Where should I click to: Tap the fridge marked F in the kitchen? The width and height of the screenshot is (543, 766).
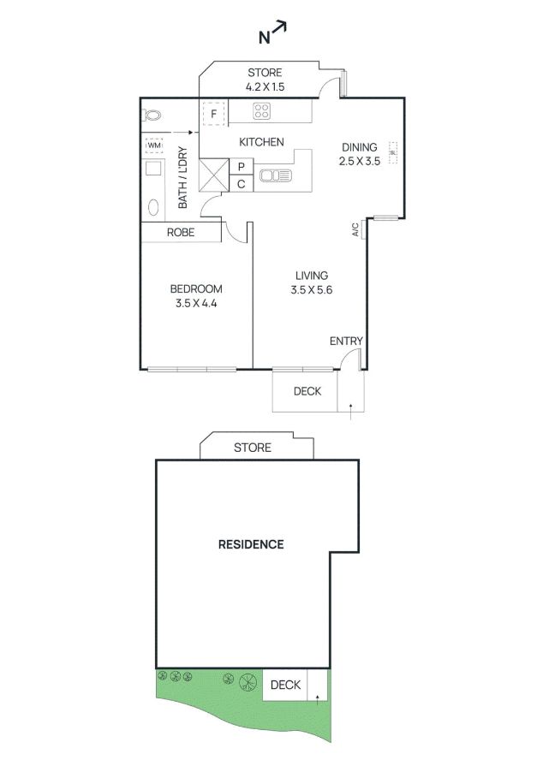click(x=213, y=114)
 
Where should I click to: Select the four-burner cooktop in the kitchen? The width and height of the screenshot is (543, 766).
click(x=261, y=111)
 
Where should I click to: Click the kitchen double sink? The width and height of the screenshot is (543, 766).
click(x=276, y=175)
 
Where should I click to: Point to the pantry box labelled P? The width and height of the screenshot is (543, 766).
click(x=242, y=167)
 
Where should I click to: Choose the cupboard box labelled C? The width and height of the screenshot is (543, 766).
click(x=242, y=184)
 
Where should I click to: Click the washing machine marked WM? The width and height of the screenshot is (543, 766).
click(x=154, y=145)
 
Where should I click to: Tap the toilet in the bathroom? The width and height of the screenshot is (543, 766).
click(x=152, y=116)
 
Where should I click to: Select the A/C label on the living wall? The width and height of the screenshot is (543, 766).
click(x=355, y=229)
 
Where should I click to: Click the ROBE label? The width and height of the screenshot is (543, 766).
click(x=181, y=233)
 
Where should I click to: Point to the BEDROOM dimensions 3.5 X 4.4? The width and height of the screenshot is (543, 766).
click(x=196, y=303)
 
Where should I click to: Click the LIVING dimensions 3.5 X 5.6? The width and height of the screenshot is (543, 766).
click(x=312, y=290)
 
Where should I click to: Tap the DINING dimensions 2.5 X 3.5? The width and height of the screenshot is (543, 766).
click(x=359, y=161)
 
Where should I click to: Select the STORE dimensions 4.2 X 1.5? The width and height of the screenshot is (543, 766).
click(x=265, y=87)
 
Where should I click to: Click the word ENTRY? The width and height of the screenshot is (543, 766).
click(x=346, y=341)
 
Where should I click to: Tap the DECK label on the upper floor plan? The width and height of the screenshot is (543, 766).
click(x=307, y=391)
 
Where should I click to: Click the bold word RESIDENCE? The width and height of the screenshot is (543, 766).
click(x=251, y=544)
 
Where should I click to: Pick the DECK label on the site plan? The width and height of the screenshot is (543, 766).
click(x=285, y=685)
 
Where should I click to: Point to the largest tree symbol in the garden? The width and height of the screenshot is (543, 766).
click(x=248, y=682)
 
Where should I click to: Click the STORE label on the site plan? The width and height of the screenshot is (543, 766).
click(x=252, y=448)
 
